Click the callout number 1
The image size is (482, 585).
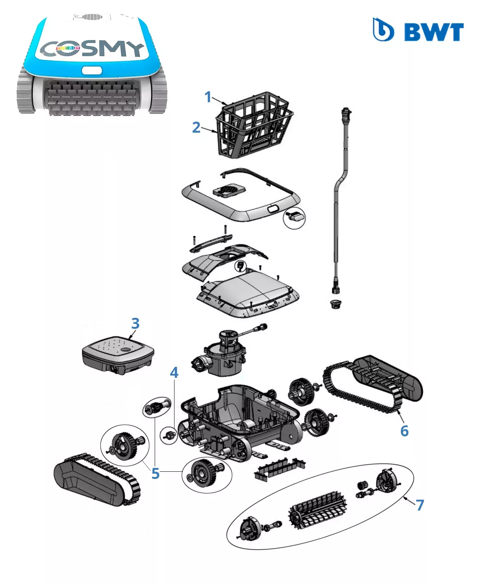[208, 97]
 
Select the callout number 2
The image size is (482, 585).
[196, 127]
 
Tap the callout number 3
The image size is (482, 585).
[135, 323]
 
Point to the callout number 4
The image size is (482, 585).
[174, 373]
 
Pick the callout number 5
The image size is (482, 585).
[155, 474]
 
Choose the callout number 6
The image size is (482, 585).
[404, 431]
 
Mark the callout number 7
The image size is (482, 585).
[420, 505]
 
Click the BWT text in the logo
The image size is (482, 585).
[434, 32]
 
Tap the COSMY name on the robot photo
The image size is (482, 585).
[92, 49]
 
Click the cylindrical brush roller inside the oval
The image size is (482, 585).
[317, 510]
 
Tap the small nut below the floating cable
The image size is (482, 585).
[335, 304]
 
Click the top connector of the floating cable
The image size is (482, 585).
[346, 113]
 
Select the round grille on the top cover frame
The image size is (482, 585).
[229, 189]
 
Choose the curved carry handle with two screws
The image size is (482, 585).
[211, 243]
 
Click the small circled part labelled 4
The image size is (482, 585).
[169, 435]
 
